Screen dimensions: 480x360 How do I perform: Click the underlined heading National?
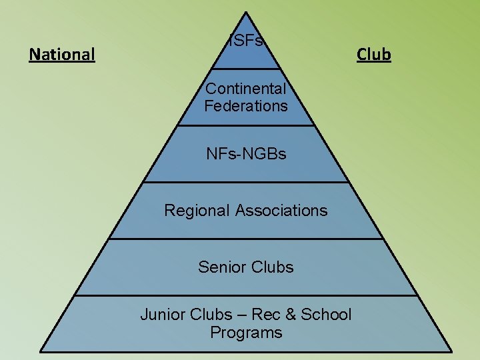coord(62,53)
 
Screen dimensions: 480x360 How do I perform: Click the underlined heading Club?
coord(373,53)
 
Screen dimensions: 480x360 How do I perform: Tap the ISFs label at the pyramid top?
coord(247,41)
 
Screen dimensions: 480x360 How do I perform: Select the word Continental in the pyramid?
coord(246,88)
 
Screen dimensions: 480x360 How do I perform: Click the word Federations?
coord(246,105)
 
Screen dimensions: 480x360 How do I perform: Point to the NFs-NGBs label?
coord(246,154)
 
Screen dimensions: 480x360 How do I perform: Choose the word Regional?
coord(197,211)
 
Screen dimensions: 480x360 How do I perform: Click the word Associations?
coord(281,211)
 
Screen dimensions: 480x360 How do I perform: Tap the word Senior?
coord(221,267)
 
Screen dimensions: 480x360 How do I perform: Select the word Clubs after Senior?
coord(271,267)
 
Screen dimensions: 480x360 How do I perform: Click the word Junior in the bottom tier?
coord(163,315)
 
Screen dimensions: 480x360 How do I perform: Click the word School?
coord(326,315)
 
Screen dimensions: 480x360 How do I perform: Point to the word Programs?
coord(246,332)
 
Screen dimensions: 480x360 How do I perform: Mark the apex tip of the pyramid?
coord(247,12)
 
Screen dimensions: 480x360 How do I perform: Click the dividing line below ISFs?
coord(246,69)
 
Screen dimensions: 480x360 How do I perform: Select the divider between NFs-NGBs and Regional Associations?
coord(246,182)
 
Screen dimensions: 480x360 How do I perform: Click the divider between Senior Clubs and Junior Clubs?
coord(246,295)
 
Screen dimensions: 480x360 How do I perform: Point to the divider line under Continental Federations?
coord(246,125)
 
